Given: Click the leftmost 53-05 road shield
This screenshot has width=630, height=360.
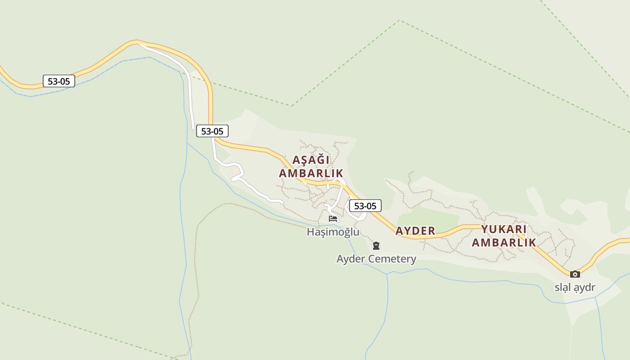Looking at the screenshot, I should coord(59,81).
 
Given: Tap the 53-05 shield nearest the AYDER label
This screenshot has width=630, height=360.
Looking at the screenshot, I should coord(365,206).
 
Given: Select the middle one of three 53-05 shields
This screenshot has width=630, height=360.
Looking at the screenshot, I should coord(212,131).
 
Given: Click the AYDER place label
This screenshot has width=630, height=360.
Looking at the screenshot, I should coord(415,231).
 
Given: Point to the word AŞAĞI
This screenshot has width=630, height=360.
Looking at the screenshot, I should coord(311,160).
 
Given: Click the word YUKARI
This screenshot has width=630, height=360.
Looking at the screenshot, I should coord(504,229).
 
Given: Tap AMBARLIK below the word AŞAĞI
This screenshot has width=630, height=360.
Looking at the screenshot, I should coord(311,173).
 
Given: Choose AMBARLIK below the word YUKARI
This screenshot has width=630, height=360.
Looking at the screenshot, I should coord(504,243).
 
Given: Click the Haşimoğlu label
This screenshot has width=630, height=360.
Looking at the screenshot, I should coord(333,232).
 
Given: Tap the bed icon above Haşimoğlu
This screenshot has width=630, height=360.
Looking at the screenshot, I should coord(333,219).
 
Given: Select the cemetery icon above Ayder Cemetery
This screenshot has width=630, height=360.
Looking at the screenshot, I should coord(376,246).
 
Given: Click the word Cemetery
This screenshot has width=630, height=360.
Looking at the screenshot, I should coord(391,259).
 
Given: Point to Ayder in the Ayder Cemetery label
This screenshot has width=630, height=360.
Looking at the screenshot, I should coord(350,259).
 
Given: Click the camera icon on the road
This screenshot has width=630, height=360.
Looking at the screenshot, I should coord(575,274).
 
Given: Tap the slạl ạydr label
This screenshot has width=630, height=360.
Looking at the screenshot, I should coord(575,288).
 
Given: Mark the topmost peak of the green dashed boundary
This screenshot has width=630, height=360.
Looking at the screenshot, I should coord(399,20).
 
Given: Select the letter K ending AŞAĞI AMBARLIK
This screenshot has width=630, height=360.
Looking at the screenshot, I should coord(340,173).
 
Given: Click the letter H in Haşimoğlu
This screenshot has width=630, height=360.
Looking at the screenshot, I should coord(310,232).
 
